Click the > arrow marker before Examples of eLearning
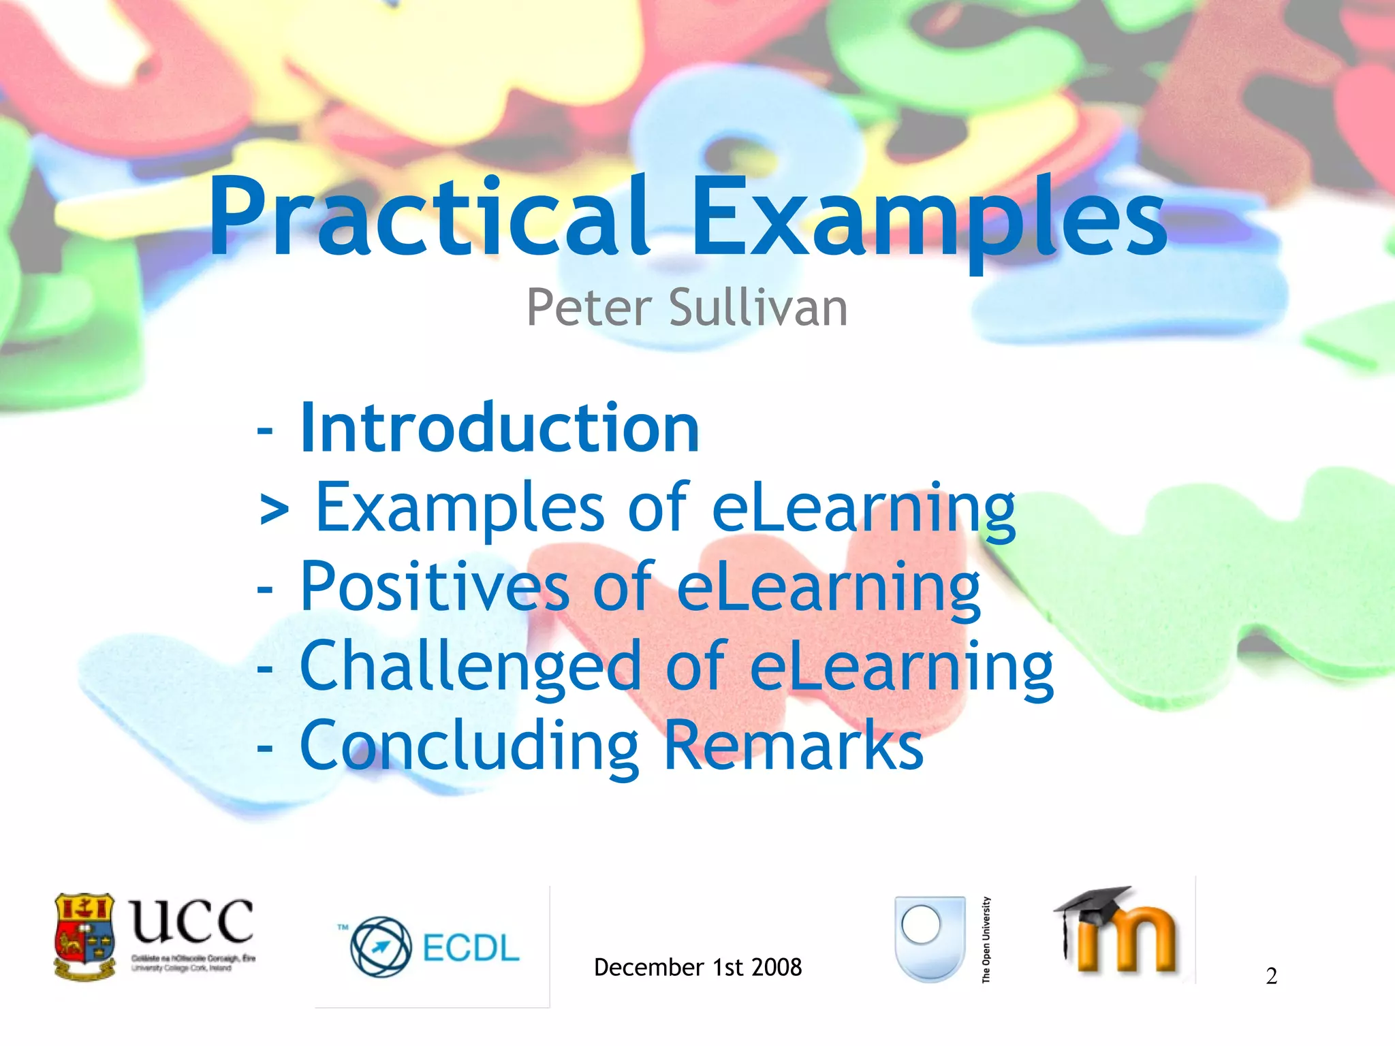pyautogui.click(x=274, y=509)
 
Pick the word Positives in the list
pyautogui.click(x=435, y=587)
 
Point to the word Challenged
pyautogui.click(x=470, y=667)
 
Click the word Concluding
pyautogui.click(x=469, y=746)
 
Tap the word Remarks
pyautogui.click(x=794, y=746)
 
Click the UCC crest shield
pyautogui.click(x=84, y=936)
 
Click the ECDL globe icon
pyautogui.click(x=381, y=947)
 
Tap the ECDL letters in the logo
pyautogui.click(x=471, y=948)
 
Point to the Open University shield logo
pyautogui.click(x=930, y=938)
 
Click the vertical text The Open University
pyautogui.click(x=986, y=940)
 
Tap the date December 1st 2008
pyautogui.click(x=697, y=967)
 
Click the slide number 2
pyautogui.click(x=1271, y=977)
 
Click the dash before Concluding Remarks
pyautogui.click(x=265, y=748)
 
